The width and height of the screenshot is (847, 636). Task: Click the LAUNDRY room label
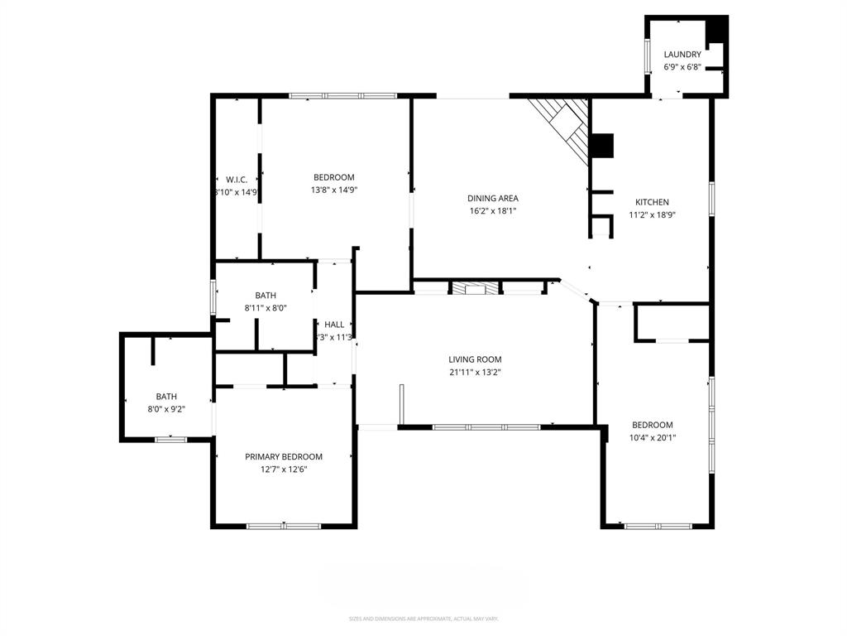(682, 55)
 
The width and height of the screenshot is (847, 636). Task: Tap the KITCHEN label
(652, 202)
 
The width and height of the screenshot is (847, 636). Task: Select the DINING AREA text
(493, 198)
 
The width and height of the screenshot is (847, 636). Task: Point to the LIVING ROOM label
(475, 359)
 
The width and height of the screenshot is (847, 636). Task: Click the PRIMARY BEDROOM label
(284, 456)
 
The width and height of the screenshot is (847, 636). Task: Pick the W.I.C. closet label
(237, 180)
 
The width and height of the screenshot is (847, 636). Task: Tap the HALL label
(334, 325)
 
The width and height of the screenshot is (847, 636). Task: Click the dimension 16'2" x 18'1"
(493, 210)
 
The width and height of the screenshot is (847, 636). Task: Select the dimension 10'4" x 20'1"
(653, 438)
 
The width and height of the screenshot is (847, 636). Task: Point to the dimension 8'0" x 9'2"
(166, 409)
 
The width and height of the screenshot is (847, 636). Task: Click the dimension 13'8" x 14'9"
(334, 190)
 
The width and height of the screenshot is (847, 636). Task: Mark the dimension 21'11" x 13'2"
(475, 372)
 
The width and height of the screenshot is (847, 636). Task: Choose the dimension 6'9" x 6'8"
(682, 67)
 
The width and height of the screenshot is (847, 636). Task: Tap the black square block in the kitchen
(602, 146)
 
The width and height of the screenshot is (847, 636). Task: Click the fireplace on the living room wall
(475, 289)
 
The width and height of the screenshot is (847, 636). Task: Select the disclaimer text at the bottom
(423, 619)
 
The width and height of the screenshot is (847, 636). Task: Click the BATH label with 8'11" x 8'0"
(266, 295)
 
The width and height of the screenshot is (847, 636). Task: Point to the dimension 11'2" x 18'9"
(652, 214)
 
